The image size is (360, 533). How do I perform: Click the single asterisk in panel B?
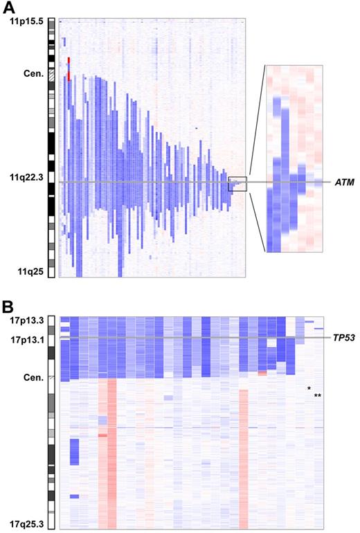[x=309, y=389]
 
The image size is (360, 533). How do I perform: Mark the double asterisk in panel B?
[x=318, y=396]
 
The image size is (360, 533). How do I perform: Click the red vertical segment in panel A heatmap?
[x=69, y=69]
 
